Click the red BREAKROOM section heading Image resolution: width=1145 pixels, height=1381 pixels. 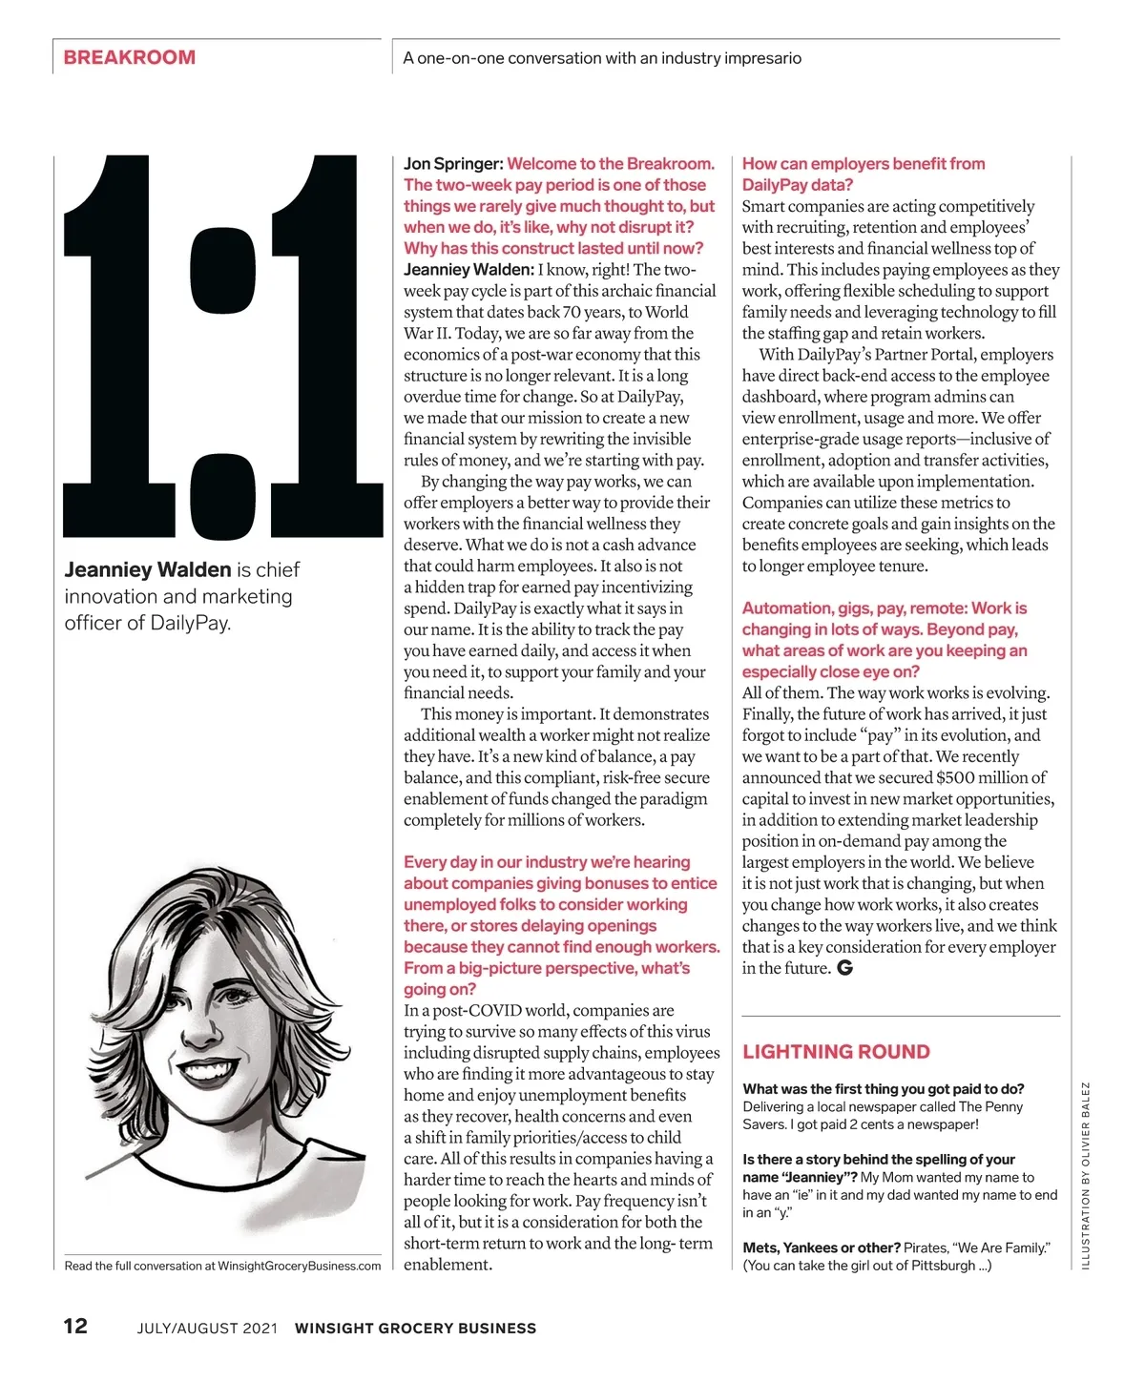pos(129,57)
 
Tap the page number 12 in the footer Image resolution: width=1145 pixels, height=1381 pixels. pos(75,1326)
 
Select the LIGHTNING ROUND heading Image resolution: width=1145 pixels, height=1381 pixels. pos(836,1052)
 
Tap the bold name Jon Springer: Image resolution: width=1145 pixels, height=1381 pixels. pos(453,164)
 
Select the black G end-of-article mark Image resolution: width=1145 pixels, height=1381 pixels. pos(844,968)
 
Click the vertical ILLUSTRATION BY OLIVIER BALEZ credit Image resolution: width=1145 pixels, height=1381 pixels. pos(1085,1175)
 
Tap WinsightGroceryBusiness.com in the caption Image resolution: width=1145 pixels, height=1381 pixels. pos(299,1267)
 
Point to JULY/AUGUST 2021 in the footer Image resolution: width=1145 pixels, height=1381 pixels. pos(207,1328)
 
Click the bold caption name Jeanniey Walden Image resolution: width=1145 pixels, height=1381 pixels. pos(147,570)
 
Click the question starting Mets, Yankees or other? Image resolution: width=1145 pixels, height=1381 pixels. pos(822,1247)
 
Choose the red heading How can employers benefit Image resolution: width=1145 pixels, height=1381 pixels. pos(864,164)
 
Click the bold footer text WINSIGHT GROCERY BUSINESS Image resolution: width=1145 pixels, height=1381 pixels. pos(415,1328)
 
